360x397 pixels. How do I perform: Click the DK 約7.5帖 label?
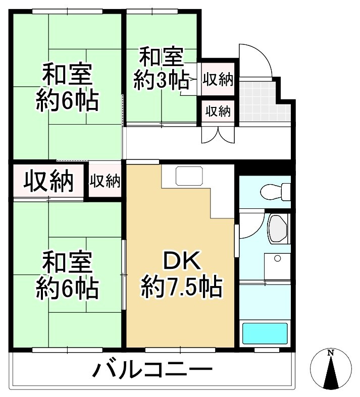point(181,274)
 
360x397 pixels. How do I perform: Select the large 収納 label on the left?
point(48,181)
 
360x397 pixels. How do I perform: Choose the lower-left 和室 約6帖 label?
point(67,275)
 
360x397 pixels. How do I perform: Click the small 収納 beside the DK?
point(105,181)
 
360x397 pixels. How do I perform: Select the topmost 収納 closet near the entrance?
point(218,79)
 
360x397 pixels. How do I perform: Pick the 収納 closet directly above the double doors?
point(218,110)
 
